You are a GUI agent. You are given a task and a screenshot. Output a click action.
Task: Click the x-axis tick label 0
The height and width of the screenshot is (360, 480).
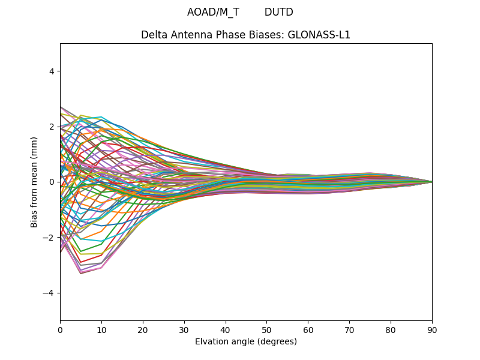60,329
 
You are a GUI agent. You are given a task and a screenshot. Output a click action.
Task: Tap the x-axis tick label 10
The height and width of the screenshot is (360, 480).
101,329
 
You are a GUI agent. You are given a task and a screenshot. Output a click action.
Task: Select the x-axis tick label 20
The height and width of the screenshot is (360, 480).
143,329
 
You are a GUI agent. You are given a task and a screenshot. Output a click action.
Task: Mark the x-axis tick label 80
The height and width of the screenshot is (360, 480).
391,329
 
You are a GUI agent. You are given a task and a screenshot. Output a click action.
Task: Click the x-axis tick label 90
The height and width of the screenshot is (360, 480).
432,329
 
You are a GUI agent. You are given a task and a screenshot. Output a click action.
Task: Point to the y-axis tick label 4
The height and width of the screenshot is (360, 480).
52,71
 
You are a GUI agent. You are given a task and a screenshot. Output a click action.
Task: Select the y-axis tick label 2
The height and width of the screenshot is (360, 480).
52,127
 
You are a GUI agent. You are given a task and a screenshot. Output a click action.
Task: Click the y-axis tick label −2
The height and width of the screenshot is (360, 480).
49,238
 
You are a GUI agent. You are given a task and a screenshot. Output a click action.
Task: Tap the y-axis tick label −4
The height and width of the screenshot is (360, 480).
49,293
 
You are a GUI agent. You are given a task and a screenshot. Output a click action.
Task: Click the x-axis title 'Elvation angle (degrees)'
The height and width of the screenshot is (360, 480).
246,342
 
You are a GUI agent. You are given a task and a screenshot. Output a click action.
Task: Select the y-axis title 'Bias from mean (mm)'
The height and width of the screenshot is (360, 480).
35,182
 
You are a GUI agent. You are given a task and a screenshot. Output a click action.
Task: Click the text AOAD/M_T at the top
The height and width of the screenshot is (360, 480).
213,12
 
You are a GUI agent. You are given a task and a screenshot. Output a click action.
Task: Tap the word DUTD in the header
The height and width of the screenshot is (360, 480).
279,12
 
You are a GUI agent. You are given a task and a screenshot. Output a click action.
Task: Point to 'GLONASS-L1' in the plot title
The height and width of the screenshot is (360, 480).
322,35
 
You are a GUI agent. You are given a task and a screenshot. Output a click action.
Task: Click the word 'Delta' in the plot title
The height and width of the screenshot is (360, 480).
154,35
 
